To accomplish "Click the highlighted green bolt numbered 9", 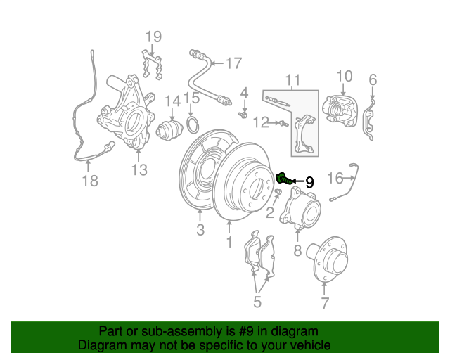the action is click(x=284, y=179).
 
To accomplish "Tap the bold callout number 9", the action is click(x=309, y=182).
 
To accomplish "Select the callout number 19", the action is click(x=153, y=37).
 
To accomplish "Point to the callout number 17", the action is click(x=234, y=63).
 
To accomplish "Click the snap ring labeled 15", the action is click(x=193, y=124).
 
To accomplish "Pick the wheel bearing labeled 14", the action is click(x=169, y=131).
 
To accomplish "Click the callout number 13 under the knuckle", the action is click(x=139, y=169).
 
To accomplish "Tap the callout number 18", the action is click(x=90, y=181).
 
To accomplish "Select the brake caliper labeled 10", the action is click(x=340, y=112).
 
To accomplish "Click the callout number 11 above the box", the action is click(x=292, y=80).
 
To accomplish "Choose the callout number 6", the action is click(x=373, y=79).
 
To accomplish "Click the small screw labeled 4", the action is click(x=243, y=115).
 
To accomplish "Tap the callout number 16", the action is click(x=335, y=178).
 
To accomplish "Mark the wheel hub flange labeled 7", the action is click(x=327, y=259).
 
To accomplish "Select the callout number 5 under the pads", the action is click(x=257, y=302).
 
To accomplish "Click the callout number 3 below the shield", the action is click(x=200, y=230).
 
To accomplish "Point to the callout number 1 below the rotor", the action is click(x=229, y=242).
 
